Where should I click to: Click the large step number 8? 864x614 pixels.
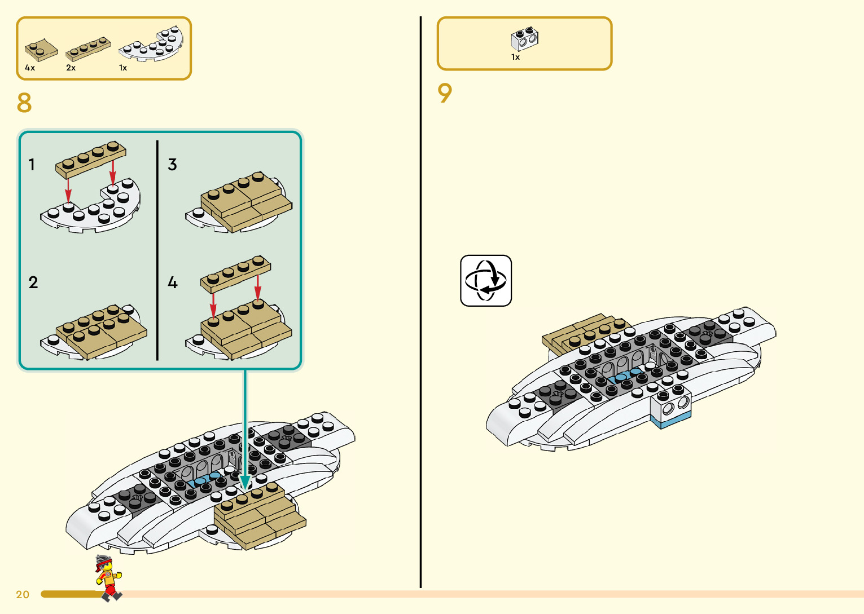coord(24,103)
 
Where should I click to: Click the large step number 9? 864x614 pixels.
coord(445,93)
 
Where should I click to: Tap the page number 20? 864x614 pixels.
coord(23,594)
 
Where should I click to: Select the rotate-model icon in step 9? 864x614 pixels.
coord(486,281)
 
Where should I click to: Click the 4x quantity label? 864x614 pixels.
coord(30,68)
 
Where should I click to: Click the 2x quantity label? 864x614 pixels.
coord(71,68)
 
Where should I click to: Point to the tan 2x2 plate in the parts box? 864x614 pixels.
coord(41,50)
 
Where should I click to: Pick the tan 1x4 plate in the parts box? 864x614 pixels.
coord(88,49)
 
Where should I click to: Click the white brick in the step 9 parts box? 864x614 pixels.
coord(525,38)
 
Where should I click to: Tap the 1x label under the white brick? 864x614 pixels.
coord(515,57)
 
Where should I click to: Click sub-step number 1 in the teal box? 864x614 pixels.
coord(32,165)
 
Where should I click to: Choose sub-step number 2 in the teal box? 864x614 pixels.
coord(33,282)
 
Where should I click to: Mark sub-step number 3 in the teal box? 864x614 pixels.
coord(172,165)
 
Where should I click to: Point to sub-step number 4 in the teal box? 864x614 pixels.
coord(173,282)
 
